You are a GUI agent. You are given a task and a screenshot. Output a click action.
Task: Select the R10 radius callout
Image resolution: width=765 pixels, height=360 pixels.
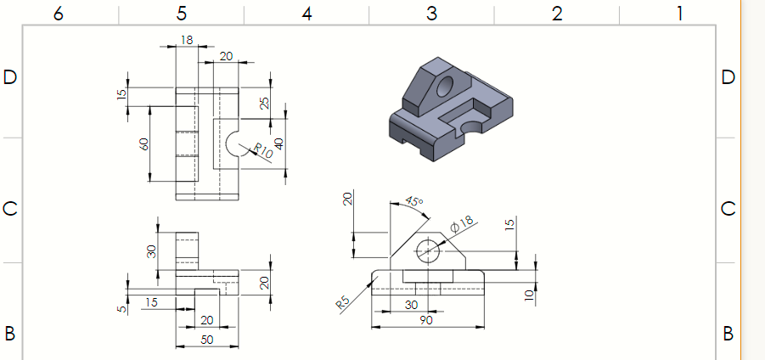point(262,153)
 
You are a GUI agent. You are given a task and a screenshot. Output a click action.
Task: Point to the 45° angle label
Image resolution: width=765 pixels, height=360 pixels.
point(413,202)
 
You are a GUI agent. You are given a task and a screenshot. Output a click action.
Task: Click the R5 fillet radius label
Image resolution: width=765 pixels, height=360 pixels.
point(343,302)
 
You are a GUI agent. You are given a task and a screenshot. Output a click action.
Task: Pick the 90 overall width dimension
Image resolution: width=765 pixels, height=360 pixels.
point(428,320)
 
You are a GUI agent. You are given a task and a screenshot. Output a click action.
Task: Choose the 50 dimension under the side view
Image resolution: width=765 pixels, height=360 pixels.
point(205,340)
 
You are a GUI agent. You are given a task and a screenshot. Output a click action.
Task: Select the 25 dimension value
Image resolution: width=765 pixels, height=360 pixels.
point(264,103)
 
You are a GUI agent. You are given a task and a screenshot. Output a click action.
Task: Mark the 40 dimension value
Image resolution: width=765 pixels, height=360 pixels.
point(278,141)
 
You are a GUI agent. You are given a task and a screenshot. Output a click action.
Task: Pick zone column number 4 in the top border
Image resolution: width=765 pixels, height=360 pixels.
point(307,13)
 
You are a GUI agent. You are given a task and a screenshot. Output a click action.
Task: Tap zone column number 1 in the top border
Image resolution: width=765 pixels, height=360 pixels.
point(679,13)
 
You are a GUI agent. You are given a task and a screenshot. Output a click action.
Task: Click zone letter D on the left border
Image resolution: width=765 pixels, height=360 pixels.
point(10,77)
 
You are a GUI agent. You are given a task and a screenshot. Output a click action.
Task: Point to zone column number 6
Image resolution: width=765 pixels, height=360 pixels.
point(57,13)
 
